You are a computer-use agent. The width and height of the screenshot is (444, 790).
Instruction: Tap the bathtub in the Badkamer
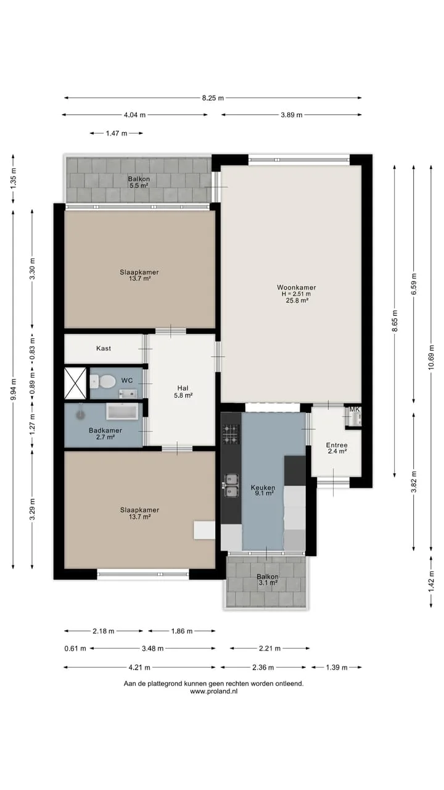point(122,412)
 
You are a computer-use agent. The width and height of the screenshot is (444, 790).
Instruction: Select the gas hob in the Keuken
point(231,434)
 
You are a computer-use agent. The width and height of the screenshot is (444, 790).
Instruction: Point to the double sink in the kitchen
point(231,486)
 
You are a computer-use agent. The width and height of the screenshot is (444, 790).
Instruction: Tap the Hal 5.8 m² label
point(183,392)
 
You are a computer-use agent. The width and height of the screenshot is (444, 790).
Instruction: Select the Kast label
point(104,349)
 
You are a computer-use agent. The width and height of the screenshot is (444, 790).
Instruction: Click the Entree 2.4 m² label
point(337,448)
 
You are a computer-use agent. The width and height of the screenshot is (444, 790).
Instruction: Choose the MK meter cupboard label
point(355,409)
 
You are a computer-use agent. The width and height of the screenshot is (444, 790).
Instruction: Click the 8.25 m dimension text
point(213,98)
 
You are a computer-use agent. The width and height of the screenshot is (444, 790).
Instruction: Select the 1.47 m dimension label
point(117,133)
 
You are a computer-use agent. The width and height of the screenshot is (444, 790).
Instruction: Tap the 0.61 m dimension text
point(75,648)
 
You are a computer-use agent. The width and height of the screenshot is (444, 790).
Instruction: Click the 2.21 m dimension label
point(270,648)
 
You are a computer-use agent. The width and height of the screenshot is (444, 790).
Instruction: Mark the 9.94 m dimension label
point(14,389)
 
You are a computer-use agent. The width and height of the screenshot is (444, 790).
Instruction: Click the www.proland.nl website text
point(213,691)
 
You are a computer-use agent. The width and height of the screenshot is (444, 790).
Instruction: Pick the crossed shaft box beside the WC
point(75,383)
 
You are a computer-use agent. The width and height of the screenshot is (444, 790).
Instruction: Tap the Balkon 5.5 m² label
point(139,182)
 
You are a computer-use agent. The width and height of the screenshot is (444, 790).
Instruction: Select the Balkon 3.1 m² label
point(268,580)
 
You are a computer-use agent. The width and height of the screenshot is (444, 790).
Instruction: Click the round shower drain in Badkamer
point(81,415)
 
